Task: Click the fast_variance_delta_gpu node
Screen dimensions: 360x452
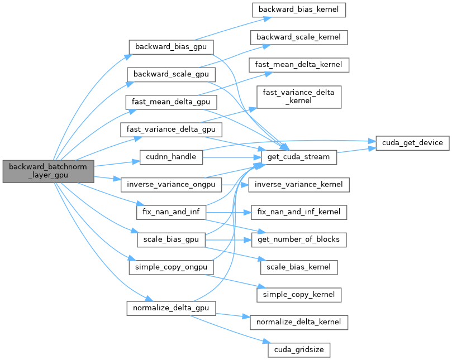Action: point(172,129)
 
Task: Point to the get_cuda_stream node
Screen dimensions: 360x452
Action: point(299,157)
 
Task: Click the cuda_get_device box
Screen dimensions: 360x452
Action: point(412,143)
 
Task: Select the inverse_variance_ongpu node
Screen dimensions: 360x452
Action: point(172,184)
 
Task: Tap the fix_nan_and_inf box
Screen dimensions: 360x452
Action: point(172,212)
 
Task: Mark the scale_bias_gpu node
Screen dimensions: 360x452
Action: point(172,239)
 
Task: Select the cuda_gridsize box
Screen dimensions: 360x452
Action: point(299,350)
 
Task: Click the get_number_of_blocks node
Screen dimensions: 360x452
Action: point(299,239)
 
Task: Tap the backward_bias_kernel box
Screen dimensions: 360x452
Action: point(299,9)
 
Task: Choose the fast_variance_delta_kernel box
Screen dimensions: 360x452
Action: point(299,97)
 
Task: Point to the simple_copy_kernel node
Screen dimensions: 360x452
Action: point(299,294)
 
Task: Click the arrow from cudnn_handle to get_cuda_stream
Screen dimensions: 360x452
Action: point(232,157)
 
